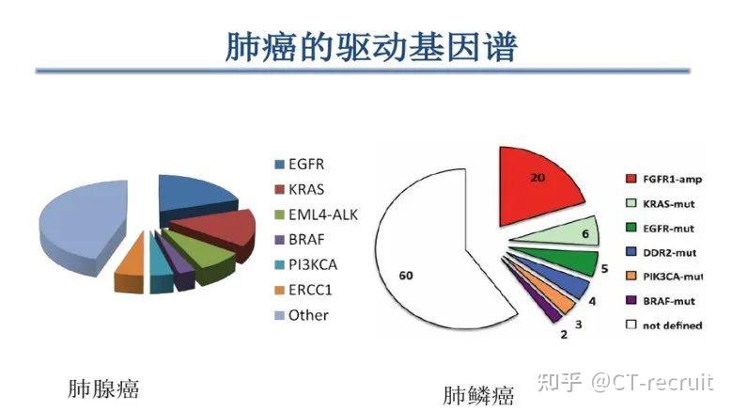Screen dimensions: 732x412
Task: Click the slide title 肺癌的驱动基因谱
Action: tap(371, 47)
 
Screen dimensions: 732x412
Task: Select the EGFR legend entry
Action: tap(299, 165)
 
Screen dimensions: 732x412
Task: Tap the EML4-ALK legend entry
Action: tap(316, 214)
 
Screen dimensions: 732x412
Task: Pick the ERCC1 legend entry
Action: tap(304, 290)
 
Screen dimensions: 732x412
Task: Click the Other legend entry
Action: tap(302, 315)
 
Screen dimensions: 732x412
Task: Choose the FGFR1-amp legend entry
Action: tap(663, 179)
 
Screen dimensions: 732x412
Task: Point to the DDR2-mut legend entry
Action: tap(661, 253)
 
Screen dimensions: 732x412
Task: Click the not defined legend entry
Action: tap(663, 325)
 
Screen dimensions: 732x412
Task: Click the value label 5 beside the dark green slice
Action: tap(604, 269)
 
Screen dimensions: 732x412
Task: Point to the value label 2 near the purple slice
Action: tap(564, 335)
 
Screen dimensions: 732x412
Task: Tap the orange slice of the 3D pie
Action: tap(131, 264)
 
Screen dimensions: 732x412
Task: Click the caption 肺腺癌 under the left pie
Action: tap(103, 388)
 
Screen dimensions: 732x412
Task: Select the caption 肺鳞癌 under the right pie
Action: tap(478, 395)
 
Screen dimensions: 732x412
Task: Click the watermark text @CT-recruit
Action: tap(652, 382)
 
